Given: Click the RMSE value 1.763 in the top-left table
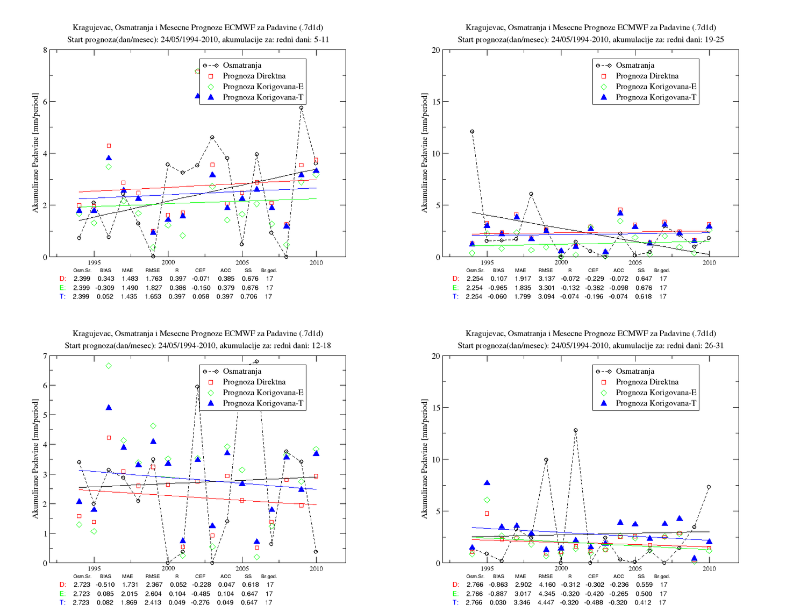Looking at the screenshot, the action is point(153,279).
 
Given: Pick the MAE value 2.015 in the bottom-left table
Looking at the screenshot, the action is point(129,594).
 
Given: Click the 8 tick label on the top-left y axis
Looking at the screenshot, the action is point(45,50).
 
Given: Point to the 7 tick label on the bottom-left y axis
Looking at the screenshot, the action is point(45,356).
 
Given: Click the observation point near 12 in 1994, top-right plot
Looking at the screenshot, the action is point(472,132).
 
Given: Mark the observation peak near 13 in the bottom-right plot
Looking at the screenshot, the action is point(575,430).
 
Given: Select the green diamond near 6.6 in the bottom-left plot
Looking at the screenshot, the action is point(109,366).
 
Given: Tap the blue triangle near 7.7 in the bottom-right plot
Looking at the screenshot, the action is point(487,483).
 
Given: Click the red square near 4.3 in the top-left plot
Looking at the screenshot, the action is point(109,146).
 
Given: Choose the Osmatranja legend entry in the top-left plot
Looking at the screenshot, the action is point(242,66).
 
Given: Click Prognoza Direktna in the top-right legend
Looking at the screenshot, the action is point(647,76).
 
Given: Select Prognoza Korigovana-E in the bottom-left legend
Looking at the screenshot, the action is point(263,393).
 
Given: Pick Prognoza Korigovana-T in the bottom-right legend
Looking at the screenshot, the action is point(656,403).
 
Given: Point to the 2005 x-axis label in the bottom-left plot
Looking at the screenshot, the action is point(242,568).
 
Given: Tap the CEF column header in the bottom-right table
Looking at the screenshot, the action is point(593,576).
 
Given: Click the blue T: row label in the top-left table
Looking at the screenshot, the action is point(62,297).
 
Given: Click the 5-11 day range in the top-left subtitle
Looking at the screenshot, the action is point(320,39).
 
